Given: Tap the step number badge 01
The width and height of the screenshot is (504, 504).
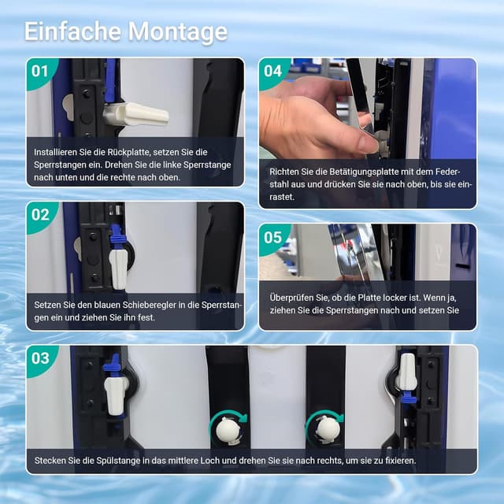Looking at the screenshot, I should (39, 71).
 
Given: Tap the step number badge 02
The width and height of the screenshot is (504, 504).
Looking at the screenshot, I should (39, 214).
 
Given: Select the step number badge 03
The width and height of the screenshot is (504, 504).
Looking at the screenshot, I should (39, 358).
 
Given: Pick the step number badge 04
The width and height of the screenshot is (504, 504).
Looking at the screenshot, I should (272, 71).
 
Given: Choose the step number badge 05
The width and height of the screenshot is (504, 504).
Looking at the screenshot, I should (272, 237).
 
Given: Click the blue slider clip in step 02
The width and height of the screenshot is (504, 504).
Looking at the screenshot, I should (117, 238).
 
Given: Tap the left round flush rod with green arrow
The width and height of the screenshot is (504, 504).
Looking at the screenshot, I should (226, 428).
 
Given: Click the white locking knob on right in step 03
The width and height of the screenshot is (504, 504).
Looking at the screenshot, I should (406, 372).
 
